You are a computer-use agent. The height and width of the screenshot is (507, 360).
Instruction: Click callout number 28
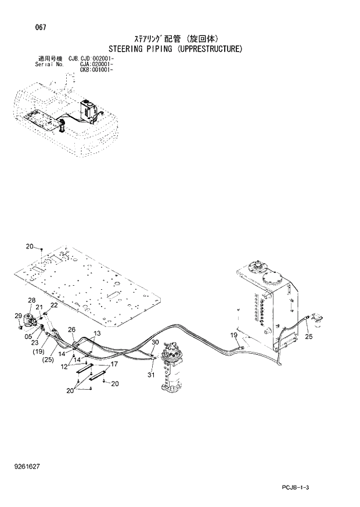click(x=31, y=300)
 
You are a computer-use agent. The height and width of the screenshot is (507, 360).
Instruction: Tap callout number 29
click(x=17, y=315)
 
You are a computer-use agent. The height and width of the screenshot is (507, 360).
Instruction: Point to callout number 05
click(x=28, y=336)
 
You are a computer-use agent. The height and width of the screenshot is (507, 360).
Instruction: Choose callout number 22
click(x=53, y=305)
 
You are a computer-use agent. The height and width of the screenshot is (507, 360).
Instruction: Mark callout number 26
click(x=71, y=330)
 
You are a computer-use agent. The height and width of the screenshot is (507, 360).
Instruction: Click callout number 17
click(x=114, y=365)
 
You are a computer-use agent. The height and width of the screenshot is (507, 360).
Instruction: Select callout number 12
click(x=64, y=366)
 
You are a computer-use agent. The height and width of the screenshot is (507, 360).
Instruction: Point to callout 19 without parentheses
click(x=233, y=335)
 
